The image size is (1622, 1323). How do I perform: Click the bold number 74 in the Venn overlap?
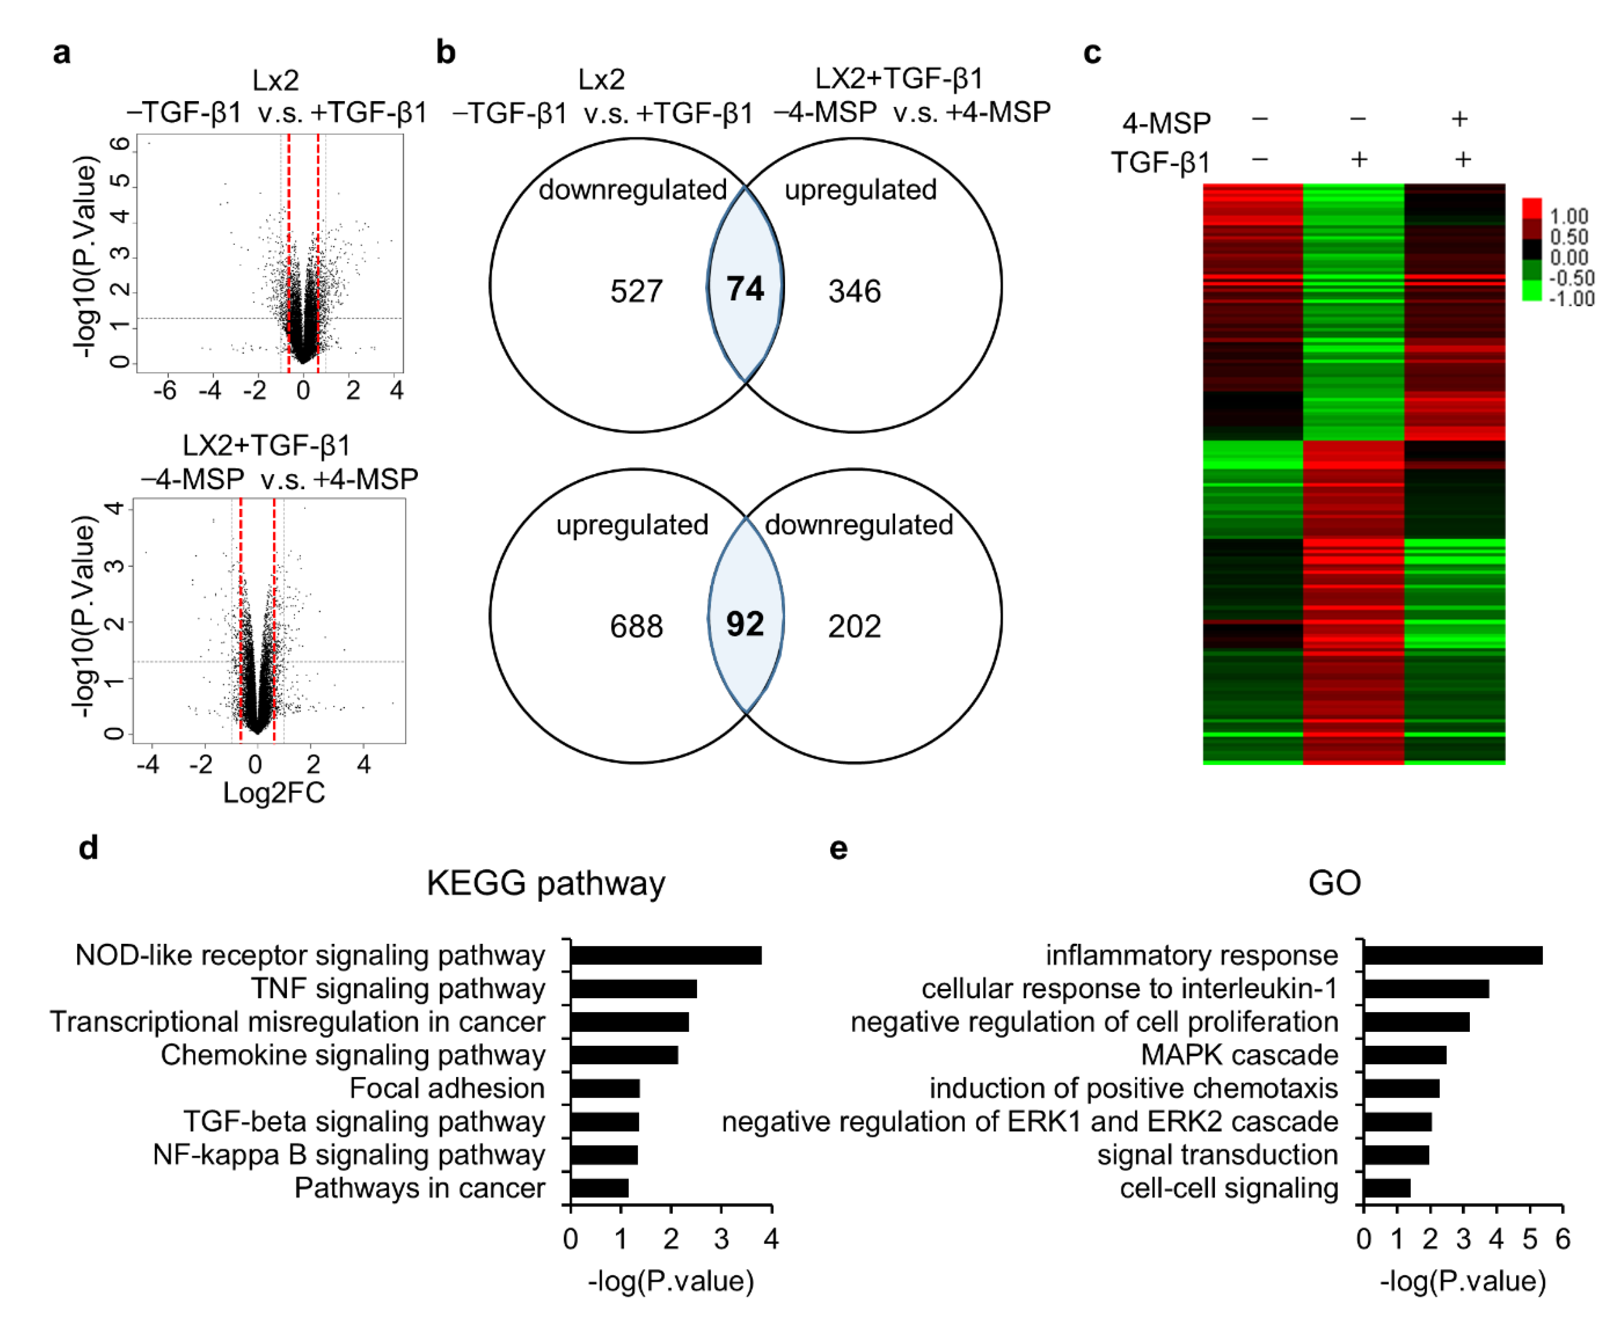pos(744,289)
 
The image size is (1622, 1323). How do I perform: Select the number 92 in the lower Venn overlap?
pos(744,624)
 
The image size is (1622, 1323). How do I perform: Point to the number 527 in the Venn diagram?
pos(636,291)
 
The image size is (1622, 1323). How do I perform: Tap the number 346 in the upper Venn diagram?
pos(854,291)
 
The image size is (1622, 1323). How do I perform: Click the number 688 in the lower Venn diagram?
pos(636,627)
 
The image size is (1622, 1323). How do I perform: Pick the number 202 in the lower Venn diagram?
pos(854,627)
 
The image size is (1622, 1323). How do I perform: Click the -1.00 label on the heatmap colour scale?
pos(1571,299)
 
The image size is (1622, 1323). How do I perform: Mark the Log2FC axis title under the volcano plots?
pos(273,793)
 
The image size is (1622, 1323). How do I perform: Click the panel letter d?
pos(88,847)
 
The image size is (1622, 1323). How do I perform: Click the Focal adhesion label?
pos(447,1088)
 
